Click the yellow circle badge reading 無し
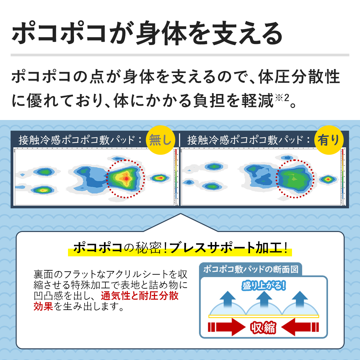click(160, 140)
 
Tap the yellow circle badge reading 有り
click(329, 140)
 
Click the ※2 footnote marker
click(282, 98)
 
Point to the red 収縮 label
click(263, 327)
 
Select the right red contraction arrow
click(300, 327)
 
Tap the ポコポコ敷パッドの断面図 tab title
click(251, 269)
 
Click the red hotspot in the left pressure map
click(126, 178)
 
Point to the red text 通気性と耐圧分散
click(140, 295)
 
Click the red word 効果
click(43, 306)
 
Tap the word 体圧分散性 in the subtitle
click(299, 77)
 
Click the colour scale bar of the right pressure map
click(342, 177)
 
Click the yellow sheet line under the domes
click(264, 316)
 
